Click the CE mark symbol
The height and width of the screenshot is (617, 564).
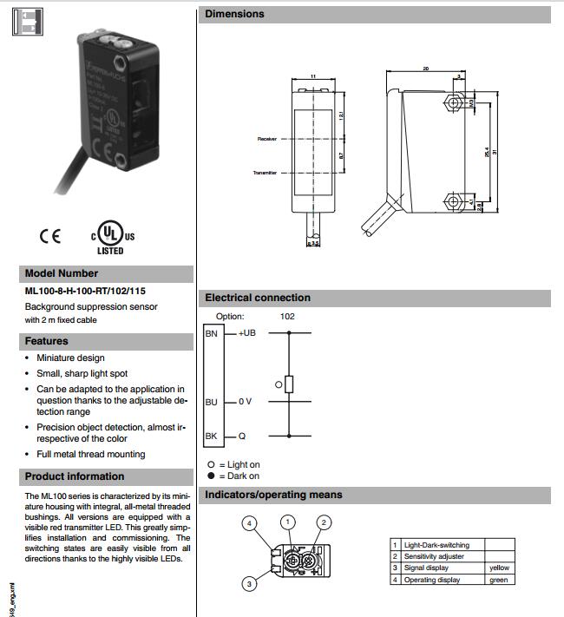point(50,236)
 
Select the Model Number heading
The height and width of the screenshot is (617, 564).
point(62,273)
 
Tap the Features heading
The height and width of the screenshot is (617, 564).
point(47,341)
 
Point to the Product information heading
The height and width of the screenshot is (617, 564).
point(75,476)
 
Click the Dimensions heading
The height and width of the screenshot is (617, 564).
point(235,14)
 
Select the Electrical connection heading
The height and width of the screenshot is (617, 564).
point(258,298)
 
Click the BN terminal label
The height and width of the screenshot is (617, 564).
point(212,333)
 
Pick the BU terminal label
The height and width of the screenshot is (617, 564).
point(212,402)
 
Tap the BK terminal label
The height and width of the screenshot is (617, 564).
point(212,436)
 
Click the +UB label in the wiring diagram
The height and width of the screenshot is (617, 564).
point(246,333)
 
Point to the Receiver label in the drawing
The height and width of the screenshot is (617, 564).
point(266,139)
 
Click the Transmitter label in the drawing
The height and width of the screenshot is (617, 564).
point(264,173)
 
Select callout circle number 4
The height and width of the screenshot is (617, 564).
point(249,523)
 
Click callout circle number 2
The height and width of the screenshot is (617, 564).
point(323,522)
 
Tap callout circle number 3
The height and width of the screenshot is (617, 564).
point(249,584)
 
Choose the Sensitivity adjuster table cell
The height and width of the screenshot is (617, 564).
point(434,556)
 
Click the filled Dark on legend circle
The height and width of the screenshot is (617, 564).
point(211,476)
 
